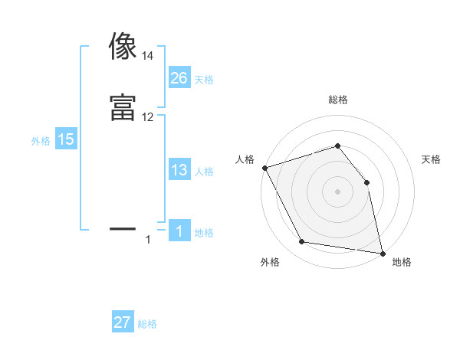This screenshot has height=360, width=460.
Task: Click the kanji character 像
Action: [123, 46]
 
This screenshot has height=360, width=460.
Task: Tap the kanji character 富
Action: [123, 107]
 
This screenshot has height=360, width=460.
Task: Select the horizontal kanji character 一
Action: [123, 228]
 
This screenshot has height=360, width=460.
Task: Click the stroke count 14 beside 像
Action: [147, 56]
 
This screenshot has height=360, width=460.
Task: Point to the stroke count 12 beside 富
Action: [147, 117]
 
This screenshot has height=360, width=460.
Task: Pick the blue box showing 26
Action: [179, 78]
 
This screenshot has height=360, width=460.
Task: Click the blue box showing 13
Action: [179, 170]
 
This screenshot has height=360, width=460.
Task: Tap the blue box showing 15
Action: [66, 139]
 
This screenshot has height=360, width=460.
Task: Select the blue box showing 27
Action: [123, 322]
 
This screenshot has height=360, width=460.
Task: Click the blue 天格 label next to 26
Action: [204, 80]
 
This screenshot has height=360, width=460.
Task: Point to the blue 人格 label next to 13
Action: [204, 172]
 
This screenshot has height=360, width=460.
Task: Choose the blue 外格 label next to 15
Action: [41, 141]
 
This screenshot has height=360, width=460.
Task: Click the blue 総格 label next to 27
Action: [147, 324]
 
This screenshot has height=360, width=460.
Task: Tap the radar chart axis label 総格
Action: [338, 100]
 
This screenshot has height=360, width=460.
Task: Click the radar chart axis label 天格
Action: [432, 159]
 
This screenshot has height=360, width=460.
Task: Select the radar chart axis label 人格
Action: [245, 159]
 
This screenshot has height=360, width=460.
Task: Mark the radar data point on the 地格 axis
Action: [383, 252]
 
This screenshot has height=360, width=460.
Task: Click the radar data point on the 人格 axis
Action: [264, 168]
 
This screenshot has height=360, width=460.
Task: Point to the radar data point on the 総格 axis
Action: [338, 146]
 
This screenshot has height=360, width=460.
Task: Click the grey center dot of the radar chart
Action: [338, 191]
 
